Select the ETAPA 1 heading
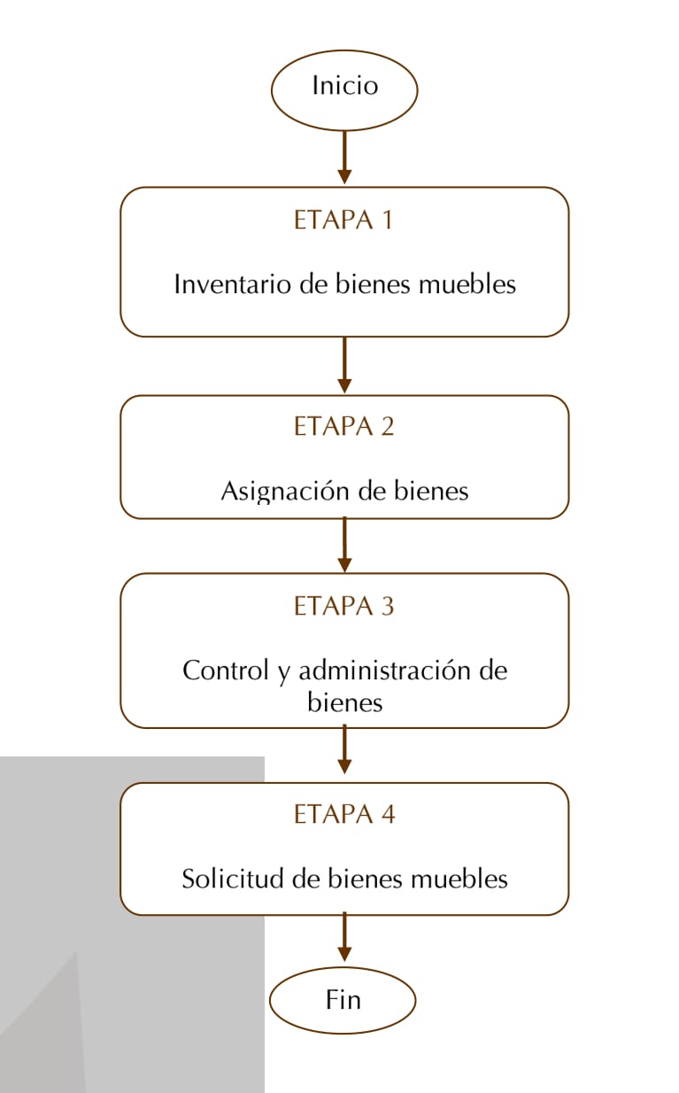(x=343, y=220)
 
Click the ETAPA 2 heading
(x=343, y=426)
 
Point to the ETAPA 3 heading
(x=343, y=606)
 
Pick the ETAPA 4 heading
(x=344, y=814)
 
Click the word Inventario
(x=233, y=284)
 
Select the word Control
(x=226, y=670)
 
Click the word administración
(x=385, y=670)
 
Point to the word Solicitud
(x=233, y=879)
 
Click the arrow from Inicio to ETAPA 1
(x=345, y=157)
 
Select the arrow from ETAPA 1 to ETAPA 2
(x=345, y=365)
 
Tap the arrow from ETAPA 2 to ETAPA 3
(x=345, y=545)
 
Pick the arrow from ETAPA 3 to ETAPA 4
(x=345, y=751)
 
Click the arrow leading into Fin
(x=345, y=938)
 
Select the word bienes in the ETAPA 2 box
(x=431, y=491)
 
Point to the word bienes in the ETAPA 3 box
(x=345, y=702)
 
